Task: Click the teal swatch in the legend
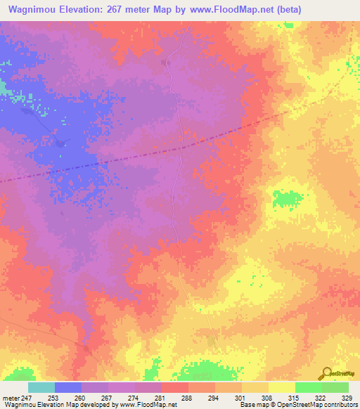[x=41, y=387]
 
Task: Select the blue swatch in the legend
[x=68, y=387]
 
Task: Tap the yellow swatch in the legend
[x=282, y=387]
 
